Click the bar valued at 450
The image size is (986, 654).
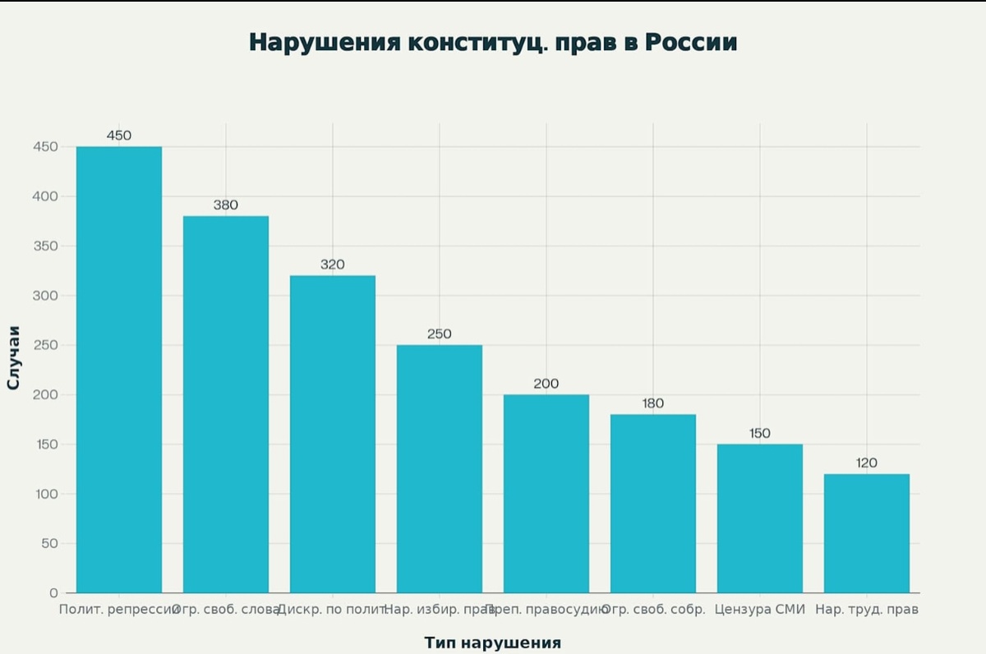tap(119, 370)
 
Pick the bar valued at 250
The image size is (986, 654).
tap(440, 468)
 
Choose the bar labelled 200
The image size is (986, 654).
tap(546, 493)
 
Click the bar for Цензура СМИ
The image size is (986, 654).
tap(760, 518)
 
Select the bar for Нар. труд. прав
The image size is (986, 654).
tap(867, 533)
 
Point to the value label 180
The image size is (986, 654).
tap(653, 403)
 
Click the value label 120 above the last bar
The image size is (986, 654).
tap(867, 463)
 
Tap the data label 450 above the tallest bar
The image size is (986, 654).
tap(119, 136)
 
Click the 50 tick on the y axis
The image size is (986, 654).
tap(49, 543)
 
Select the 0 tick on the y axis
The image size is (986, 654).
tap(53, 592)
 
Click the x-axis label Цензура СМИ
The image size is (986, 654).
tap(760, 610)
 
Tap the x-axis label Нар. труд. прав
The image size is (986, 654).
tap(867, 610)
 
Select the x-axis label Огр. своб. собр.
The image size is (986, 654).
tap(654, 610)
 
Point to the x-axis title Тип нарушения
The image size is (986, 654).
tap(492, 642)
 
